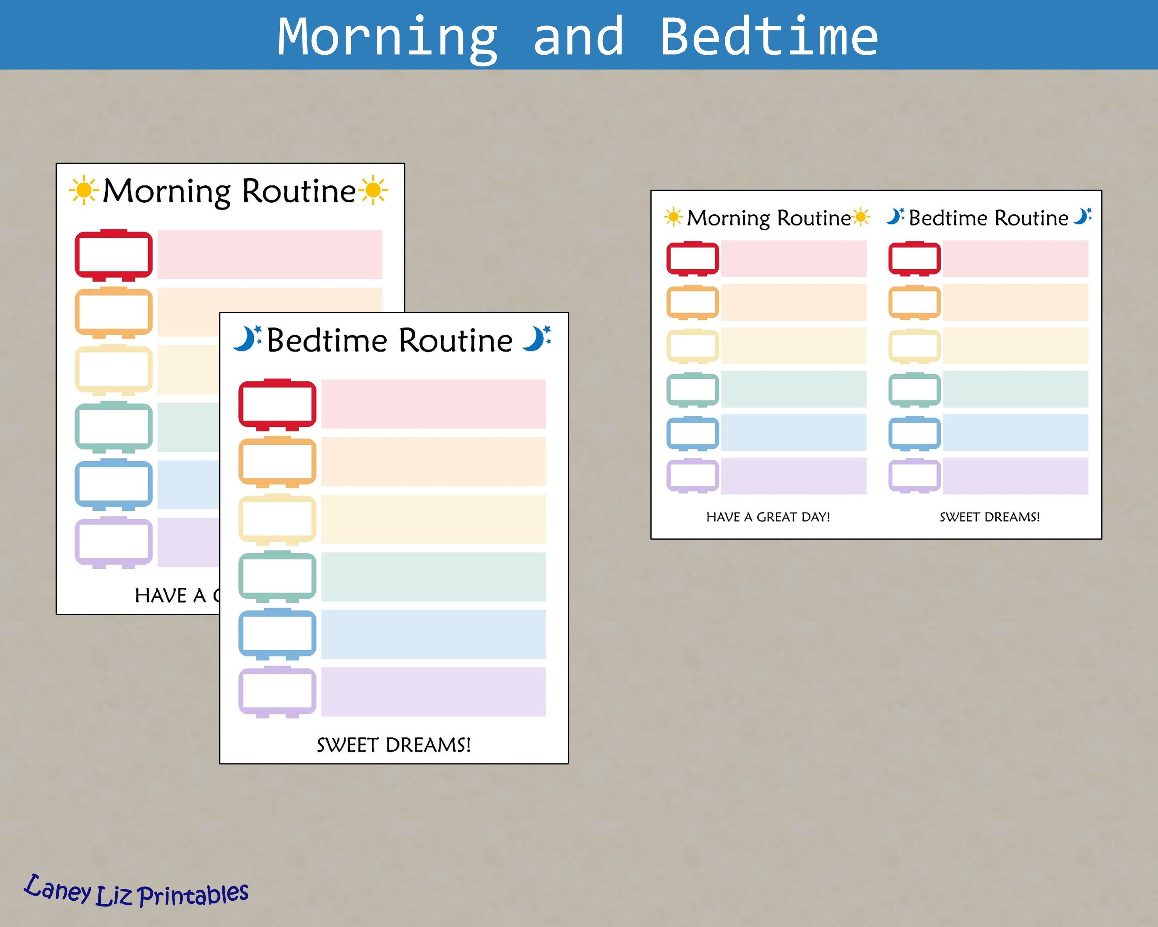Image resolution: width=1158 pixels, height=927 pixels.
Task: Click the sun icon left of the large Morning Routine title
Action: [x=84, y=190]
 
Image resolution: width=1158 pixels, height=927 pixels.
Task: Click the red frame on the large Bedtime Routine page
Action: [x=277, y=404]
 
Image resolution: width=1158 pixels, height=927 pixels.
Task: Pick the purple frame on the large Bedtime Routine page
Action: [x=277, y=692]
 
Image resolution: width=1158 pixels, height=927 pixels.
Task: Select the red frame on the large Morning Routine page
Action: [x=113, y=255]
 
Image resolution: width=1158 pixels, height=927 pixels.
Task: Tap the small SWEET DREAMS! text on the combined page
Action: [x=989, y=517]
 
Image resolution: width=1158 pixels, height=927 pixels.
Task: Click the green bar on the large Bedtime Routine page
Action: [x=433, y=577]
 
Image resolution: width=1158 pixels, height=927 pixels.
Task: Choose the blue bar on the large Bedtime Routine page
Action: [x=433, y=634]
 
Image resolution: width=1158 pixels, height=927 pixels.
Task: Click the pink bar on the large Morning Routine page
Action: [x=270, y=255]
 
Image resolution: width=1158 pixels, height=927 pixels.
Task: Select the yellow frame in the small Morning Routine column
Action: [x=692, y=346]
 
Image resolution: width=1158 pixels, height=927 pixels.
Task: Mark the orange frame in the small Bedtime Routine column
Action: [x=914, y=302]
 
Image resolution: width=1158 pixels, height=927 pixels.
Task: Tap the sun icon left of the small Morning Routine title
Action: [x=673, y=217]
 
